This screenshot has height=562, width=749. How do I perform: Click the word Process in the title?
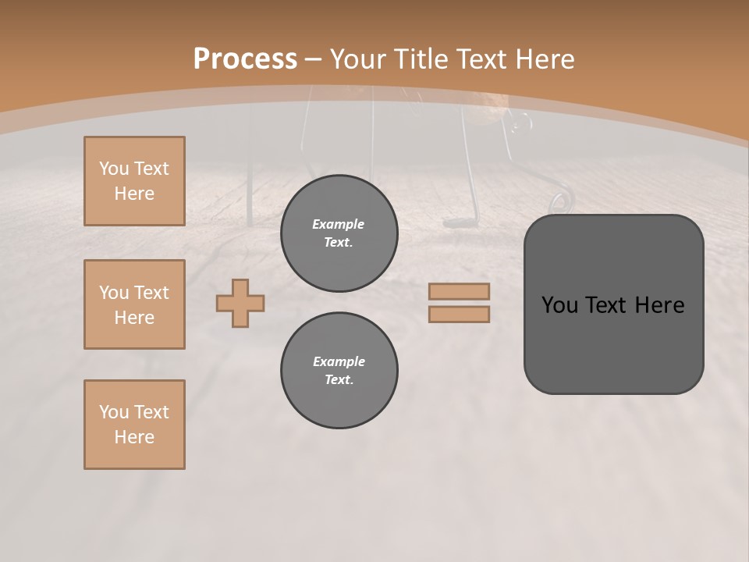tap(245, 59)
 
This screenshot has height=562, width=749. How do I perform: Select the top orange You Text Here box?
tap(134, 181)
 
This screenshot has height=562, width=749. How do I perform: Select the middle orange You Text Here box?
tap(134, 304)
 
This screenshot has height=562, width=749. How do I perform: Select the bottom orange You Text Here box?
tap(134, 425)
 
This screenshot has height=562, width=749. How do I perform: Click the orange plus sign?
tap(240, 303)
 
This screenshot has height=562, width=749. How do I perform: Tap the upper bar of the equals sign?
tap(459, 291)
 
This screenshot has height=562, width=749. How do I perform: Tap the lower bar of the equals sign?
tap(459, 315)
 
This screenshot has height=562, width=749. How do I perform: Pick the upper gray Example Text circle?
tap(339, 233)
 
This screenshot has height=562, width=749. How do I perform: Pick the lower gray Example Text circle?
tap(339, 371)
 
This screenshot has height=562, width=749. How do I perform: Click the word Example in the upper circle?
tap(339, 224)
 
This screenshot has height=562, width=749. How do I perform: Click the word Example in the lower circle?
tap(339, 361)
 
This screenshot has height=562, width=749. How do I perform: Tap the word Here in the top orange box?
tap(134, 194)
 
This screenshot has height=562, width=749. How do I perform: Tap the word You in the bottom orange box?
tap(113, 412)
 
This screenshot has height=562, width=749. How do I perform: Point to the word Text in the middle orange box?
tap(151, 293)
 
